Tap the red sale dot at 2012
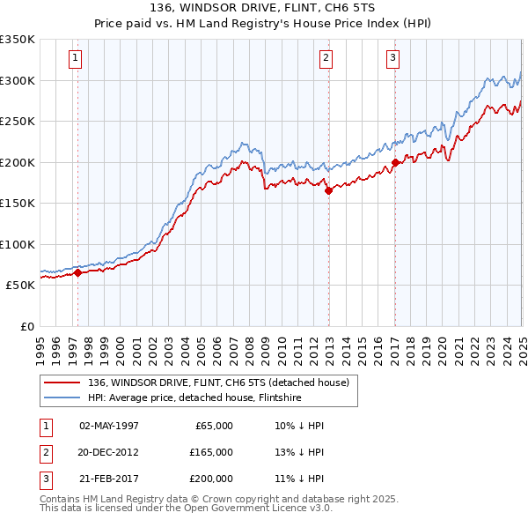[328, 189]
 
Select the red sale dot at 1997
[77, 272]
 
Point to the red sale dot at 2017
[395, 162]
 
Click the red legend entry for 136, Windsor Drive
[219, 383]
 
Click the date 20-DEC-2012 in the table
[109, 452]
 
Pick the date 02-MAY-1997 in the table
[109, 426]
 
